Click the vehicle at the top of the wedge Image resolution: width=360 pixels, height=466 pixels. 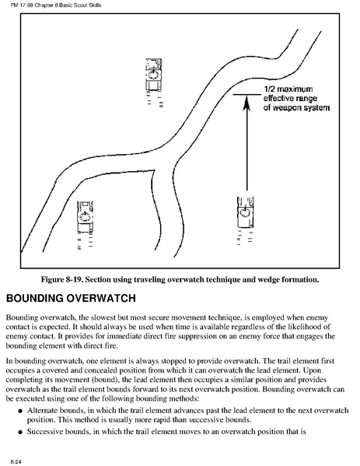pos(154,75)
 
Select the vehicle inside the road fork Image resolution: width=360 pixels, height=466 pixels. pos(85,217)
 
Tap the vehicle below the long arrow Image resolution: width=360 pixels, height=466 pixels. pos(245,212)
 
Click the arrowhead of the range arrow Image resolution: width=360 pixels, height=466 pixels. pos(246,103)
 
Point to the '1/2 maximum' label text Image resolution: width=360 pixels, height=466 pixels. pos(288,89)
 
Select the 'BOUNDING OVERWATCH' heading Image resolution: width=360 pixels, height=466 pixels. pos(71,298)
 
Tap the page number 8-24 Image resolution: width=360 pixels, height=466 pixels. pos(16,461)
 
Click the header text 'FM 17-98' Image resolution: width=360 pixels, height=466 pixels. pos(22,5)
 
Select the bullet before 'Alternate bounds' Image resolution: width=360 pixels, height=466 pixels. pos(20,411)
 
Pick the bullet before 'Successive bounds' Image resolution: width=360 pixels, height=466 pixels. pos(20,432)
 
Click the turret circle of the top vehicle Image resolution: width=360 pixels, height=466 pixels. pos(154,75)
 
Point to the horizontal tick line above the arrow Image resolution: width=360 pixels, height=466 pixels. pos(246,94)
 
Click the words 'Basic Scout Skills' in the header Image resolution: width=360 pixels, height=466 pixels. pos(81,5)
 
